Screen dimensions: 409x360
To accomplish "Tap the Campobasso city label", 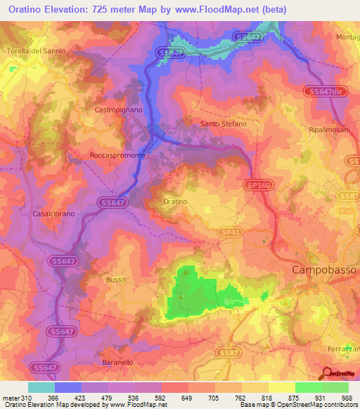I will [324, 270].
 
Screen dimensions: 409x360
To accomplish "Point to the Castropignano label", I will [117, 110].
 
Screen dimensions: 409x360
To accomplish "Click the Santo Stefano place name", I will [224, 124].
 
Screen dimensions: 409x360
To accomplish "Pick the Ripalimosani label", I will [330, 131].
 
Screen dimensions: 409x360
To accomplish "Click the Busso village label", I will [116, 280].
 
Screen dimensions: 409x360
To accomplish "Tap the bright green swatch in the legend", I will [308, 387].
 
